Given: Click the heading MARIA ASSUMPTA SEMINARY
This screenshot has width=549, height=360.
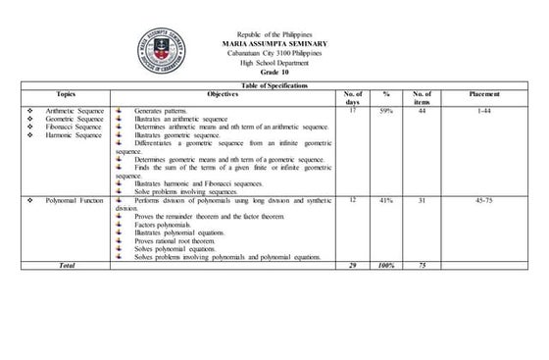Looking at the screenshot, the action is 274,46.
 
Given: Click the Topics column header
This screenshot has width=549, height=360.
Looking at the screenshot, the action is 66,93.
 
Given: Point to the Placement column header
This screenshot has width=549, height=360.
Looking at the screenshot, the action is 484,93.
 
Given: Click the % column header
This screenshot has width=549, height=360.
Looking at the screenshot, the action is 386,93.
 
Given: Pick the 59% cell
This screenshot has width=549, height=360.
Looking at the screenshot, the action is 386,112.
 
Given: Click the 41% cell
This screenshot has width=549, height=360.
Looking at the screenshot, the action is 386,199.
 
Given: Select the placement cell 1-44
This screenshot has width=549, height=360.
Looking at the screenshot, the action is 484,112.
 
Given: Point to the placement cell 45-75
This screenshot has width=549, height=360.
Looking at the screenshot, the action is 484,199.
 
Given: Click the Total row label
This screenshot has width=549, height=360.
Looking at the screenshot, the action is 66,265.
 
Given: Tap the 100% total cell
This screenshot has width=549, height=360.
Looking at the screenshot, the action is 386,265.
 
